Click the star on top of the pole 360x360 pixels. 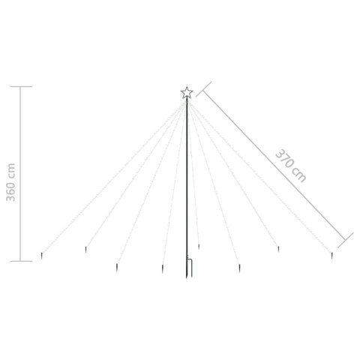[187, 92]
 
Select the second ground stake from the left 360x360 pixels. [87, 250]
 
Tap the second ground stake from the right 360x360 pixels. [277, 249]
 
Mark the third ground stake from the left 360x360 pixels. [117, 265]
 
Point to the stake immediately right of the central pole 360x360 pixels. [198, 246]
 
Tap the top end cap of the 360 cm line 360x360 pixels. [20, 87]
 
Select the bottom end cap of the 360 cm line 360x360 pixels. [20, 261]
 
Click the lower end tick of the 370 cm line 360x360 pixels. [346, 240]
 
